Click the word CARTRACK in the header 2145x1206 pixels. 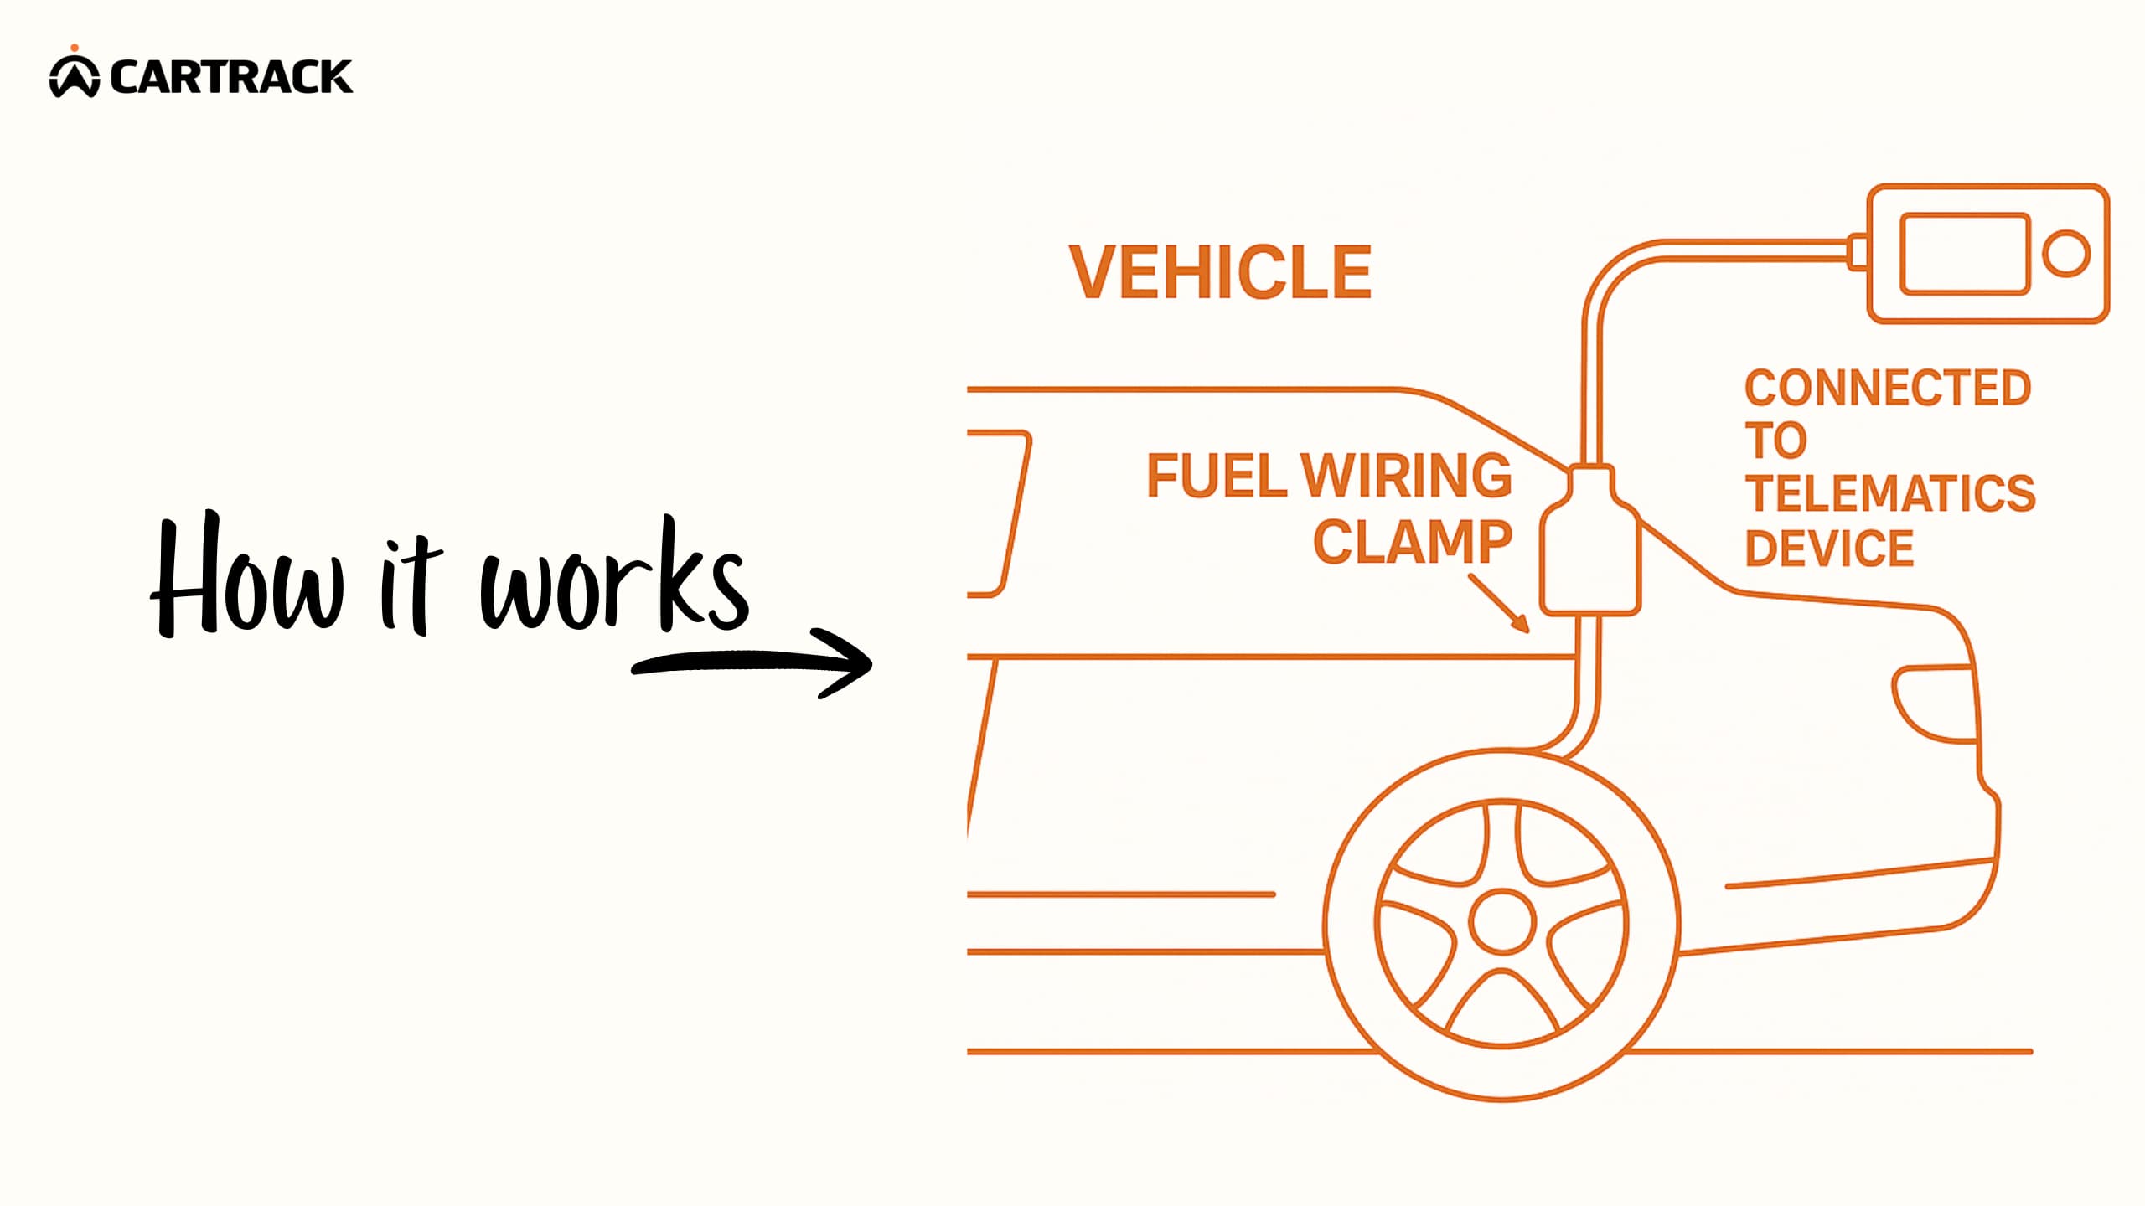(x=230, y=77)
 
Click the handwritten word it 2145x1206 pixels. (x=411, y=586)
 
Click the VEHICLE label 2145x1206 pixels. (x=1220, y=272)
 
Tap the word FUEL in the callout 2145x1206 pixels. (x=1215, y=476)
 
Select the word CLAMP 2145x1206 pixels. (x=1413, y=542)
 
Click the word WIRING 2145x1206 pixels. (x=1407, y=476)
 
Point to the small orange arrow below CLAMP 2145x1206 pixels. (x=1500, y=603)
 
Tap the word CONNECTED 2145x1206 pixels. (x=1888, y=388)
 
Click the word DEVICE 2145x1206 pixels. (x=1829, y=548)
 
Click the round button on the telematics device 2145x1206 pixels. (x=2066, y=253)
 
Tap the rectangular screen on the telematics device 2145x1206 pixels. (x=1964, y=253)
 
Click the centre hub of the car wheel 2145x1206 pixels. (x=1502, y=922)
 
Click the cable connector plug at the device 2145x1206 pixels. (x=1857, y=250)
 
